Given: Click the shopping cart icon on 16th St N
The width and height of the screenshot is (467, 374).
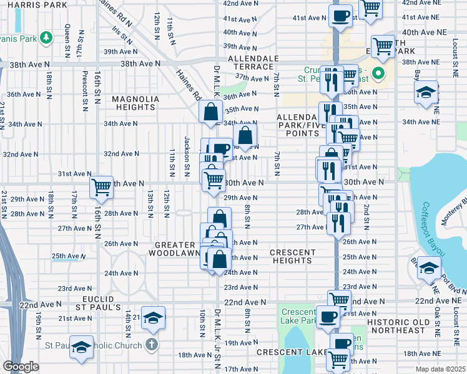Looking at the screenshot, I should click(x=101, y=186).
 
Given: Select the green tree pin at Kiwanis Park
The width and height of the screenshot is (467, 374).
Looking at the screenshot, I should click(x=46, y=39).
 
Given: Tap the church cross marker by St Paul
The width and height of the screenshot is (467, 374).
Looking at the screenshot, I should click(x=150, y=344).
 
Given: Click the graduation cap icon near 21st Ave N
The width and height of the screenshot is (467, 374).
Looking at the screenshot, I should click(x=152, y=318).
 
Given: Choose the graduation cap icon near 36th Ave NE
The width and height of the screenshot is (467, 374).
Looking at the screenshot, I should click(x=426, y=93).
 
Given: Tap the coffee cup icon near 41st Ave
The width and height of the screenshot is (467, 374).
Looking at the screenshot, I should click(x=340, y=16).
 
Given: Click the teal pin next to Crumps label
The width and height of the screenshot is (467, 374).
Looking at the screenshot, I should click(x=378, y=74).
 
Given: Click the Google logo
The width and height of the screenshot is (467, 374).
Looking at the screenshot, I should click(x=21, y=367).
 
